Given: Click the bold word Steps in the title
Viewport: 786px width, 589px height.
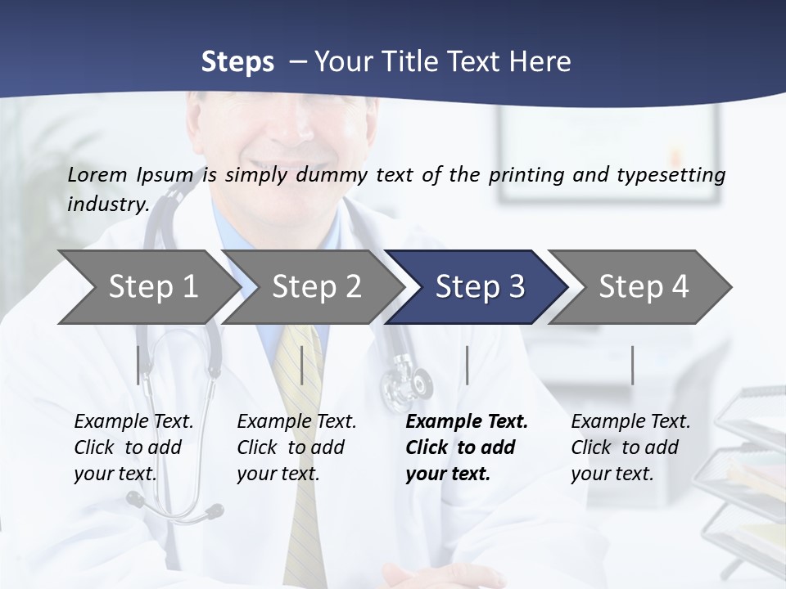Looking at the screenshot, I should [237, 61].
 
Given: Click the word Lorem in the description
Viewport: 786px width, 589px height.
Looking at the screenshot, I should [97, 174].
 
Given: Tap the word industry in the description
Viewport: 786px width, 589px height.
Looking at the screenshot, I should [106, 205].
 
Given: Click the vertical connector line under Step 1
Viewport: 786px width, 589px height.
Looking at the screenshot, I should [138, 365].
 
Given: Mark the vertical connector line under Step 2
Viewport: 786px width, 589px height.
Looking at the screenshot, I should [302, 365].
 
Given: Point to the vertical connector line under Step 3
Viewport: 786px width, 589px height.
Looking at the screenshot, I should [467, 365].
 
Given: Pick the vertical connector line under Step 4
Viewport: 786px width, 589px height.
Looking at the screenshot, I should [632, 365].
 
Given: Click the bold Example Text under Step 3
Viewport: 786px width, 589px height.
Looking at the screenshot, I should [467, 422].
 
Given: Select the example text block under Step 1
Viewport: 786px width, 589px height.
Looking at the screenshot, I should [133, 447].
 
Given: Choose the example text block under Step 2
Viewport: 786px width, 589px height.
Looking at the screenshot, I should [296, 447].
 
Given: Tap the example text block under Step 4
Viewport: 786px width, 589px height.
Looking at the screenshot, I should [630, 447].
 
